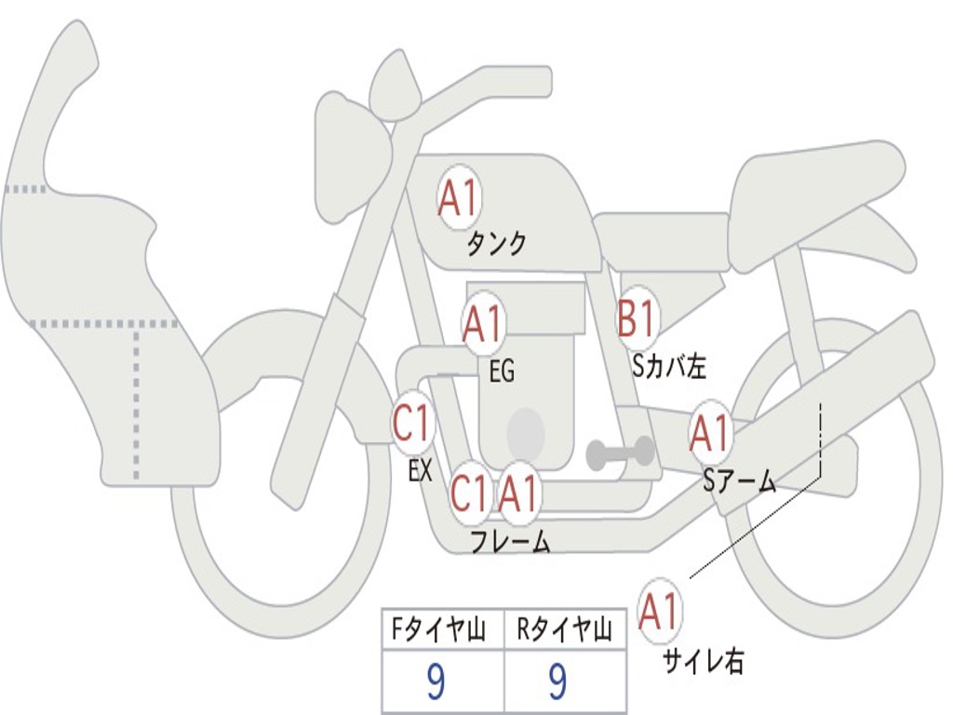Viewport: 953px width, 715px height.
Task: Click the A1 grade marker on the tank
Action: pos(460,197)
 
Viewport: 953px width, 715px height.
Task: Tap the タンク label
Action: pos(497,244)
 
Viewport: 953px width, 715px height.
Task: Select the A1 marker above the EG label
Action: pos(483,323)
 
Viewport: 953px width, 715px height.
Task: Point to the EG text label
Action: pos(502,371)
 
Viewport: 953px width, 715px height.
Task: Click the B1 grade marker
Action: pos(637,317)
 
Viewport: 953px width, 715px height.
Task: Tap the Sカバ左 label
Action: pos(668,366)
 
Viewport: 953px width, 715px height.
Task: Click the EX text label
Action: pos(420,470)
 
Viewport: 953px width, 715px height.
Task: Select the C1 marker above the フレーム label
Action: pos(470,493)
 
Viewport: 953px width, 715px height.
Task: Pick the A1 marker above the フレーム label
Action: pos(518,493)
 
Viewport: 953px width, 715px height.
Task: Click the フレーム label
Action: pos(511,542)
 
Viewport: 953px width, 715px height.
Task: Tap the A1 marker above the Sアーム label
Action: pos(709,434)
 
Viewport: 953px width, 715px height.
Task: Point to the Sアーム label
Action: pos(740,481)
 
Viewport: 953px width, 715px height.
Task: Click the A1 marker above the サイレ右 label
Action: pos(659,612)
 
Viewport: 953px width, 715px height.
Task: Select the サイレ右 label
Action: pos(704,661)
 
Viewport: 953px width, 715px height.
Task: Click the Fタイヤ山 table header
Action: pos(438,630)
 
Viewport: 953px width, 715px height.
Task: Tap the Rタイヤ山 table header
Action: pos(564,630)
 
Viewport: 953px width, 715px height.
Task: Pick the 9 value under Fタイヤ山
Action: pos(436,681)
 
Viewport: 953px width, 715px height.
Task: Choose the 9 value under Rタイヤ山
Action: pos(557,681)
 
